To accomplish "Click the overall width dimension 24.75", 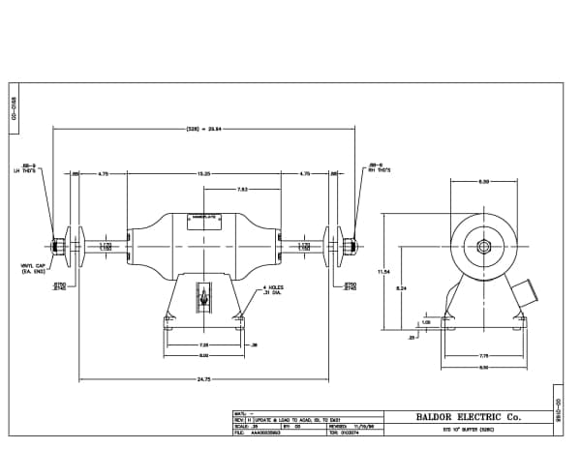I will [203, 378].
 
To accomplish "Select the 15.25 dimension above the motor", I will [203, 173].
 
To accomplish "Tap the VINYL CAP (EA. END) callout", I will [34, 270].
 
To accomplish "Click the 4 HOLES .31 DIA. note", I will [272, 289].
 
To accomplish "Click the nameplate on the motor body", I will [203, 219].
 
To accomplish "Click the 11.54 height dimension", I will [383, 272].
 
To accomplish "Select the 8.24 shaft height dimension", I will [400, 287].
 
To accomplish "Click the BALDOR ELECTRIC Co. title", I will [468, 417].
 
